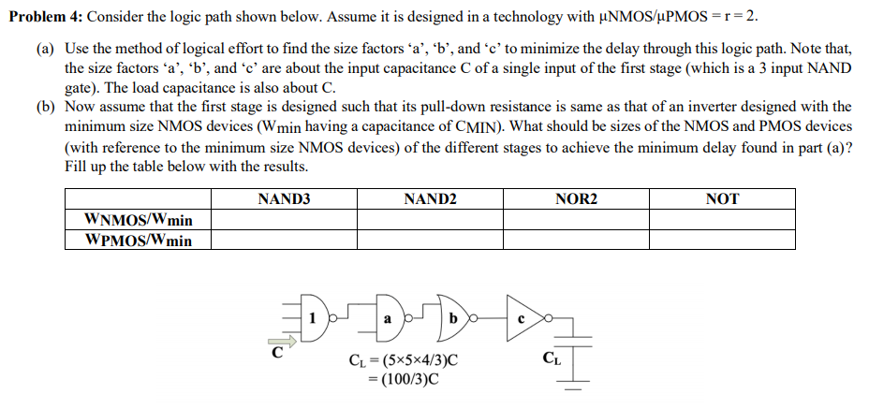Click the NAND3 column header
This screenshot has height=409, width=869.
click(x=283, y=198)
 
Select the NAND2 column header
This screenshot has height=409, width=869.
click(x=429, y=198)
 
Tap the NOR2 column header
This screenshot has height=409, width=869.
click(x=575, y=198)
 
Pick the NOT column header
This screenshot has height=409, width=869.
click(x=722, y=198)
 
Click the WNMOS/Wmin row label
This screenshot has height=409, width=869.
click(x=139, y=220)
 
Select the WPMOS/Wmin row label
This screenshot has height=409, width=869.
click(x=139, y=241)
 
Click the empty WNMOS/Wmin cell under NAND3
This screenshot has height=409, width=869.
click(x=283, y=220)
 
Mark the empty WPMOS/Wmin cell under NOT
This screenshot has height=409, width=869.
click(x=722, y=241)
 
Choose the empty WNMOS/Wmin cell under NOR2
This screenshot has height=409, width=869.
click(x=575, y=220)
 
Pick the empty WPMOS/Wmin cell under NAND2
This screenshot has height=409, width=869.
click(x=429, y=241)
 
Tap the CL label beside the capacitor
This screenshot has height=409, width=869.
click(x=552, y=358)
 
